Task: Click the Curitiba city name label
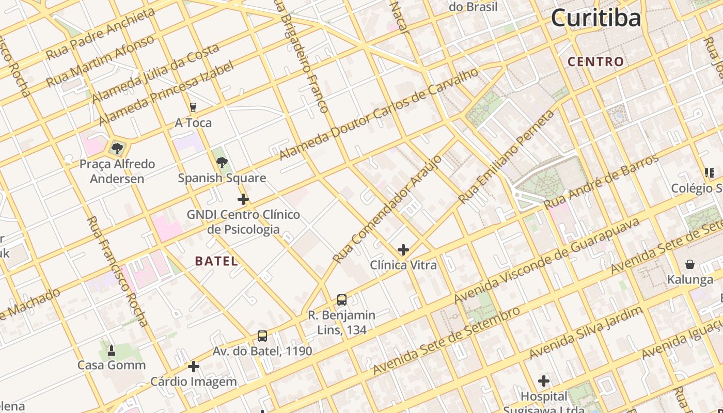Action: [x=596, y=18]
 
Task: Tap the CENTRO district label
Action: [x=596, y=62]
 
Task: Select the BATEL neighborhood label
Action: [x=217, y=261]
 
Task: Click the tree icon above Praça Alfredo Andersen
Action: [x=117, y=149]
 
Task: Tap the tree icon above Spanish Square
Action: [x=222, y=163]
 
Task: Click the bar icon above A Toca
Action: [x=193, y=107]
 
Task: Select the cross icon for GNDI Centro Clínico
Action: [x=243, y=199]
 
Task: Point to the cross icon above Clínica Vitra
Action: [x=403, y=250]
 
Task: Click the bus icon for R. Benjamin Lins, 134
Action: [x=342, y=299]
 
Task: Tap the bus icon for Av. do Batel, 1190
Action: [x=262, y=336]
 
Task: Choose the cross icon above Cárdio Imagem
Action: [x=194, y=367]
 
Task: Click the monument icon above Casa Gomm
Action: [x=112, y=351]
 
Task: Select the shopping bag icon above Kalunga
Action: [x=690, y=265]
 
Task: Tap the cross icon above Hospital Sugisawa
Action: [x=544, y=382]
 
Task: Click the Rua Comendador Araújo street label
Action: [x=387, y=209]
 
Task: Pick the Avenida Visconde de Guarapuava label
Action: [x=547, y=260]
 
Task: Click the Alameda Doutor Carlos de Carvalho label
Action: [x=380, y=114]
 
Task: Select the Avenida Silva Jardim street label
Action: [x=586, y=332]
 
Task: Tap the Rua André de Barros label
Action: [x=602, y=181]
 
